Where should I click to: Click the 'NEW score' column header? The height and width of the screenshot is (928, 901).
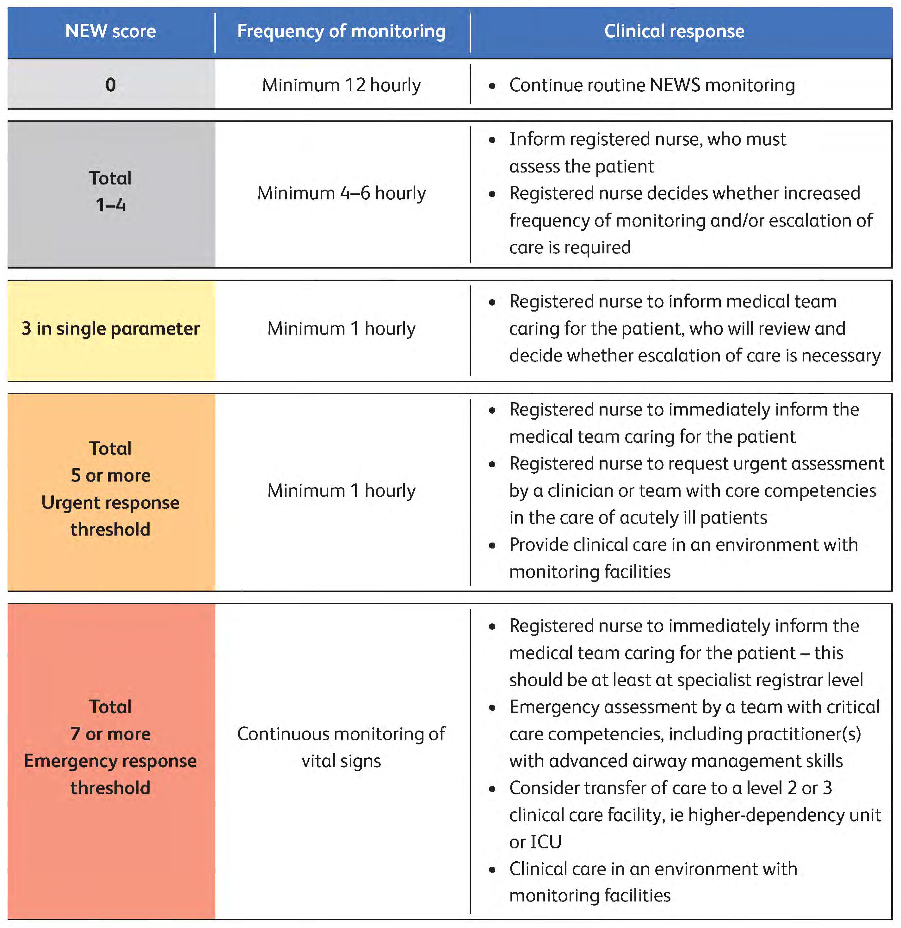tap(110, 31)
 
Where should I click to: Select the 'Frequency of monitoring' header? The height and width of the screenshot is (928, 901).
tap(341, 31)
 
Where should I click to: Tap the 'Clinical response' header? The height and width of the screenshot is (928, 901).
tap(674, 31)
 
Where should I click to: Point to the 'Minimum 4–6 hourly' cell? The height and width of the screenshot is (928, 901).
tap(341, 193)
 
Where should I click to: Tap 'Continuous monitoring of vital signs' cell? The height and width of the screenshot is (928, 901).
tap(341, 747)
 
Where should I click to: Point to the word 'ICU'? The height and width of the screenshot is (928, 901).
tap(546, 842)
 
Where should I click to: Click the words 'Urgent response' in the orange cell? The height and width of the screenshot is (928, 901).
tap(110, 502)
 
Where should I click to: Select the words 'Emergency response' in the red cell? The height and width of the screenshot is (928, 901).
tap(110, 761)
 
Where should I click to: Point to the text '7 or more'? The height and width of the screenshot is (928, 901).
tap(110, 734)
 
